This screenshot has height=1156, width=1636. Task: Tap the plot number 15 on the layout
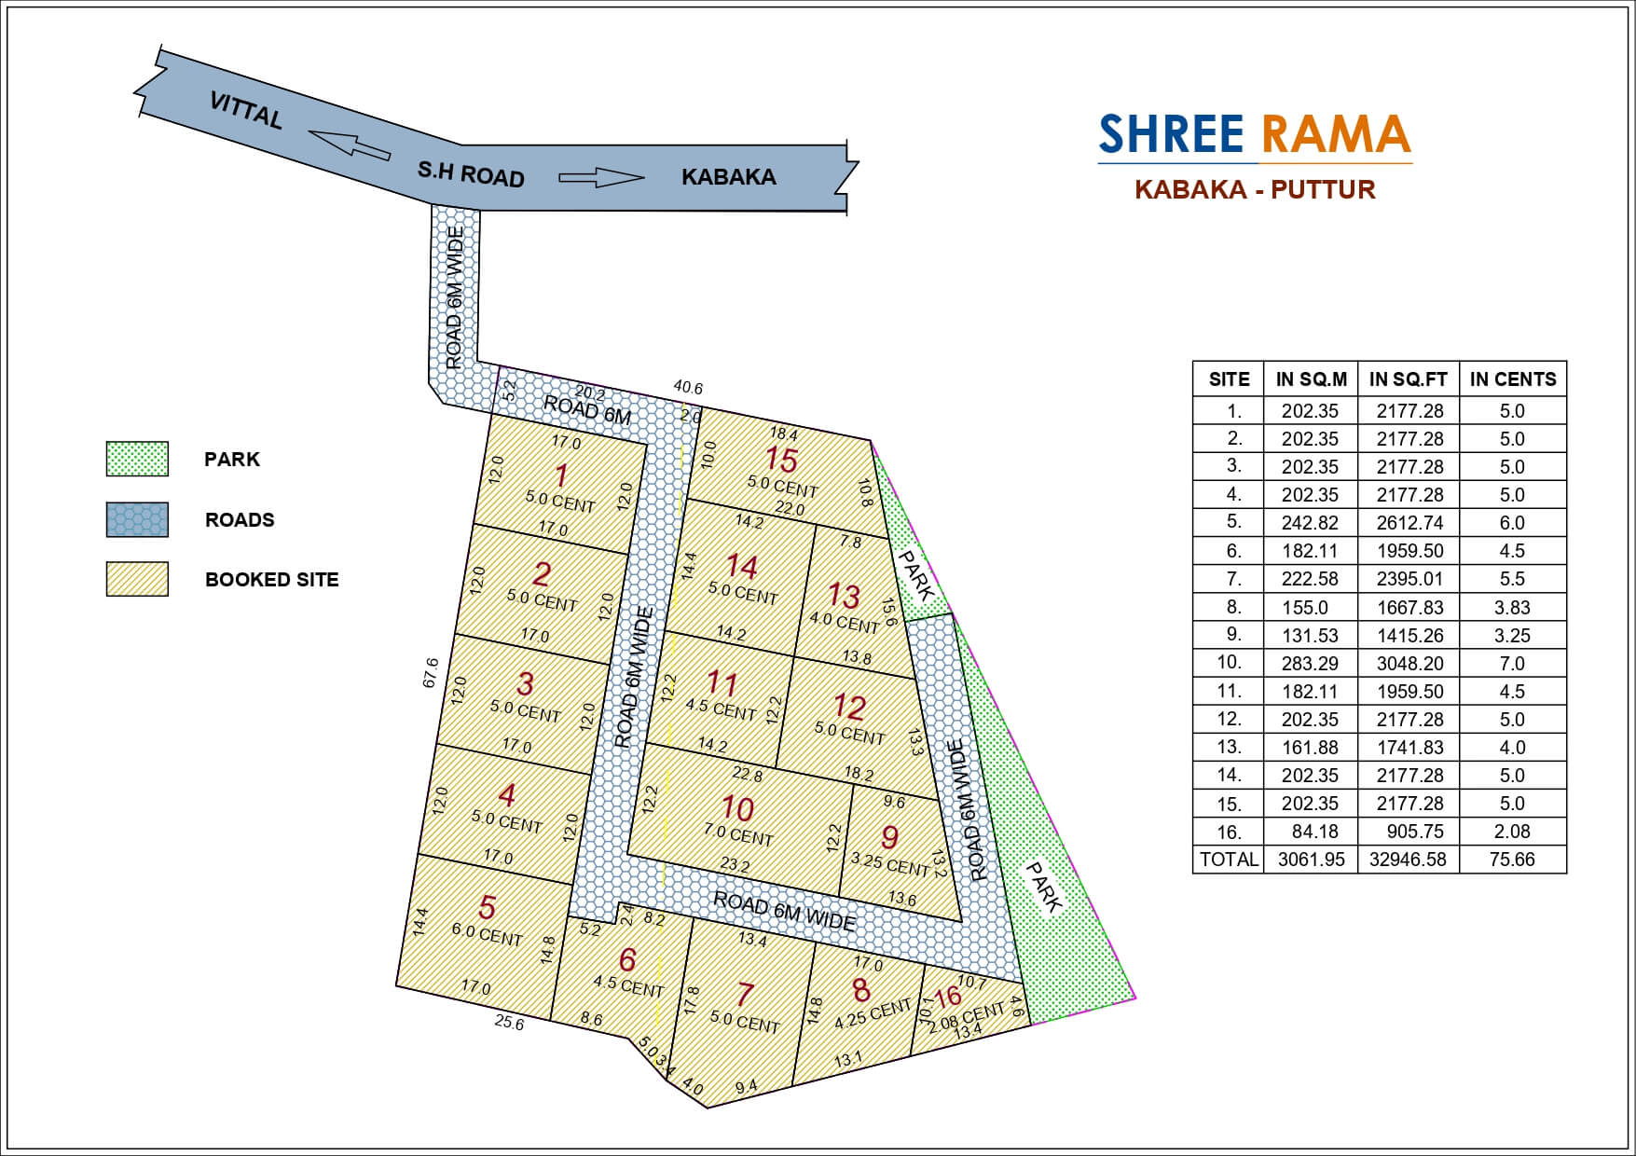pos(781,460)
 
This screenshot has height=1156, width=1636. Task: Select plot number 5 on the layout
pos(487,907)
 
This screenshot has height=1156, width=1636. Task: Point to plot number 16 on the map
pos(948,998)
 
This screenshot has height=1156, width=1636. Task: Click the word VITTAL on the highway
pos(246,111)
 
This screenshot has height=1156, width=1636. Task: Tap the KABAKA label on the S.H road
pos(728,177)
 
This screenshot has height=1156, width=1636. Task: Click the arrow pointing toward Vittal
pos(349,144)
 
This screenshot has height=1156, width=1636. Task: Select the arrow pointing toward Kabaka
pos(601,177)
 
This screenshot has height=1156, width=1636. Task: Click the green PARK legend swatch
pos(137,460)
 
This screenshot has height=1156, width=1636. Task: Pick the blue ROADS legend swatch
pos(137,520)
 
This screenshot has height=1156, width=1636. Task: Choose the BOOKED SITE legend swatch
pos(137,579)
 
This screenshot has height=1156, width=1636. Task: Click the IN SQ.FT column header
pos(1408,379)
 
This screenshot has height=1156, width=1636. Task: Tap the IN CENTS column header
pos(1512,379)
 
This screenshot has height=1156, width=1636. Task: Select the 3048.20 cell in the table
pos(1408,663)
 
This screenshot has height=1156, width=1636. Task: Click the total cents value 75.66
pos(1512,860)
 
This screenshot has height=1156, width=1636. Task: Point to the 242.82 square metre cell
pos(1310,523)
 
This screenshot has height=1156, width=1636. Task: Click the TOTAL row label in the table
pos(1229,860)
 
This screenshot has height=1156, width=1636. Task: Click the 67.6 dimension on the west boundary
pos(430,672)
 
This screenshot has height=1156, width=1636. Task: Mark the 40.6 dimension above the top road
pos(688,388)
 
